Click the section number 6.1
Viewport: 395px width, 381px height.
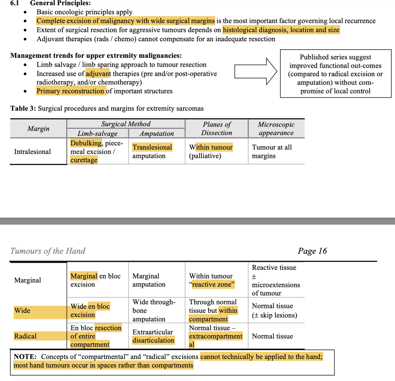[15, 3]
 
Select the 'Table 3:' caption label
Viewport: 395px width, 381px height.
[23, 109]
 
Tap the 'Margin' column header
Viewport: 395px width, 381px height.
[38, 129]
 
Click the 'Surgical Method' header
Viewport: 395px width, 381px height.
[126, 124]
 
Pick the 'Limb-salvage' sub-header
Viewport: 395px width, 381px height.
[97, 134]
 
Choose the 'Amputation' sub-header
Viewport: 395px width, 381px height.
[157, 134]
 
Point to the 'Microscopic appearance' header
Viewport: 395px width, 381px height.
[276, 129]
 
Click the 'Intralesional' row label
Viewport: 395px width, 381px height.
[33, 152]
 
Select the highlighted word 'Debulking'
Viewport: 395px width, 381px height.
[86, 143]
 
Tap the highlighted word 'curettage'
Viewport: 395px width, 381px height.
[84, 160]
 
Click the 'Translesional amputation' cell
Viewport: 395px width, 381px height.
[152, 152]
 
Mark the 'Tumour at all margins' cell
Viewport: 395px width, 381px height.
[272, 152]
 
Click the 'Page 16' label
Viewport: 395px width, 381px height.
[312, 251]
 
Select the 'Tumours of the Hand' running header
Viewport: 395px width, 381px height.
[48, 251]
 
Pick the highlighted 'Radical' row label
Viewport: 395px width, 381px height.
[25, 336]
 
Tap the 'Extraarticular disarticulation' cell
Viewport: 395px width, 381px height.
[153, 336]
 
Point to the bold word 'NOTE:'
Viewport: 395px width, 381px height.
[25, 357]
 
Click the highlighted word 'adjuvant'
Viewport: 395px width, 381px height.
[98, 74]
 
